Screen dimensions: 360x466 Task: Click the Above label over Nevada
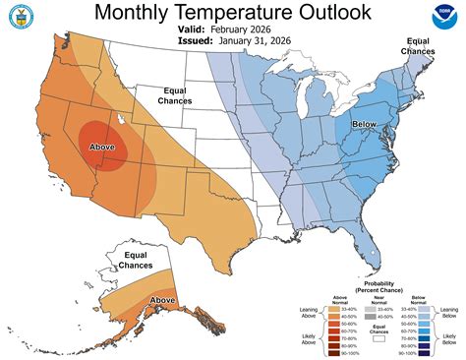tap(102, 148)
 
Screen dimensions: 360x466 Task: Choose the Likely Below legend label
tap(448, 339)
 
